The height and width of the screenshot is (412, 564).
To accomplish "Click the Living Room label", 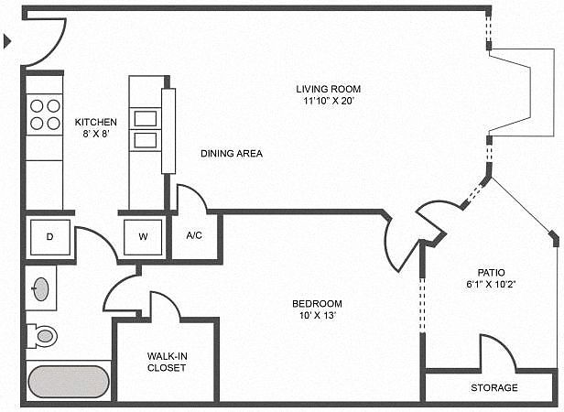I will click(324, 89).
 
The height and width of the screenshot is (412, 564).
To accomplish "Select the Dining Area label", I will click(232, 153).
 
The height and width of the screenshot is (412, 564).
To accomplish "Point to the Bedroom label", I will click(317, 304).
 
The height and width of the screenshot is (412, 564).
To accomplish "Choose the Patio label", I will click(491, 272).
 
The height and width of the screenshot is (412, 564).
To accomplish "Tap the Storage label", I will click(494, 387).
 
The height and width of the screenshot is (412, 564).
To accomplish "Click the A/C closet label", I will click(194, 235).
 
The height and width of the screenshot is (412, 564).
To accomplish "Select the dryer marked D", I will click(50, 237).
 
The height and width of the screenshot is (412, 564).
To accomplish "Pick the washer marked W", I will click(143, 237).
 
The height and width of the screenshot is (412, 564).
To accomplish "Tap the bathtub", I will click(68, 381).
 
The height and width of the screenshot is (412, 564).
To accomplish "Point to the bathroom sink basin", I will click(41, 288).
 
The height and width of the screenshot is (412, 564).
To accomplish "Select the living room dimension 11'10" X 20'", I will click(324, 101).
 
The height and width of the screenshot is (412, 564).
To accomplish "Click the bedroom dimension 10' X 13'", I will click(317, 316).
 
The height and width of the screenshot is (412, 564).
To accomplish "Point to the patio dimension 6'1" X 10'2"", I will click(491, 284).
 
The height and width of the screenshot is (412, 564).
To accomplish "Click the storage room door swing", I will click(497, 352).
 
